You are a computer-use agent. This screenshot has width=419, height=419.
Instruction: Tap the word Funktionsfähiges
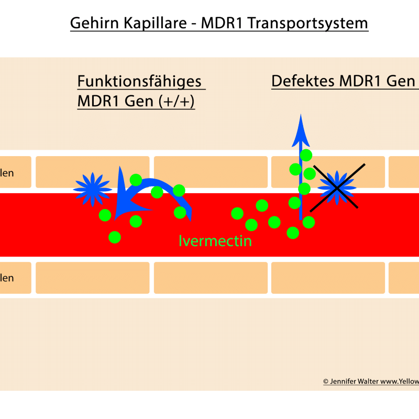[140, 82]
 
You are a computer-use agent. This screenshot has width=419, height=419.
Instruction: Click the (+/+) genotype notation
[175, 102]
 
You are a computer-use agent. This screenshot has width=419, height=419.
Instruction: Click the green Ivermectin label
[215, 241]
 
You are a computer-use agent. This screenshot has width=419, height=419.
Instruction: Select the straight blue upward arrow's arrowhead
[301, 129]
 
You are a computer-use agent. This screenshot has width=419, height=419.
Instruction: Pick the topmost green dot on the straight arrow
[306, 155]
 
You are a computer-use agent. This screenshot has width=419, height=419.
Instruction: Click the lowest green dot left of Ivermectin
[115, 237]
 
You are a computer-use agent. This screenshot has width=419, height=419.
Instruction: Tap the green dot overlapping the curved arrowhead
[136, 180]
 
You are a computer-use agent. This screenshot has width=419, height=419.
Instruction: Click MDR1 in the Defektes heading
[363, 82]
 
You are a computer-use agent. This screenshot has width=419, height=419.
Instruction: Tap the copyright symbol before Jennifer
[326, 382]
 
